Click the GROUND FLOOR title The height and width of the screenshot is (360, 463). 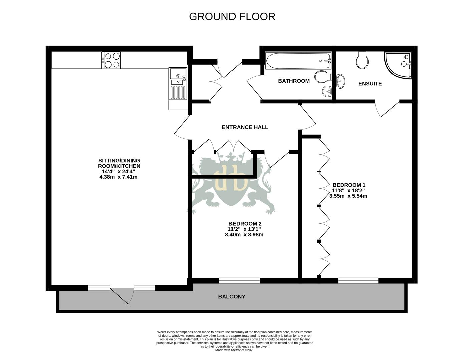[232, 16]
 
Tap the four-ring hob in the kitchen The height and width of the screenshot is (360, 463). [111, 60]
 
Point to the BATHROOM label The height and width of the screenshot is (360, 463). [294, 81]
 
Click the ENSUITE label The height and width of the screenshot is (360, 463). [370, 84]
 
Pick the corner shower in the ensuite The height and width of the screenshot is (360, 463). [398, 65]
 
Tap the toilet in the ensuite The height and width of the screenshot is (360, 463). [362, 60]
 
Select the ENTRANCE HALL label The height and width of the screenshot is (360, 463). [245, 127]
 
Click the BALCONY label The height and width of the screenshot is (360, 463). [232, 297]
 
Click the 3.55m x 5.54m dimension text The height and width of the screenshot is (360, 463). [348, 196]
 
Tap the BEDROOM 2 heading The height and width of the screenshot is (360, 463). [245, 224]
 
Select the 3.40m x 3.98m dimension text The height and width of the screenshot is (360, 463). [244, 235]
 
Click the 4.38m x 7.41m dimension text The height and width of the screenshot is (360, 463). [118, 177]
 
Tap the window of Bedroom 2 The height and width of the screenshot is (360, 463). [239, 281]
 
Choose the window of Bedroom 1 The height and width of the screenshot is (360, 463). [358, 281]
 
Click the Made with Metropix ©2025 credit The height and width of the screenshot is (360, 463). [235, 350]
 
